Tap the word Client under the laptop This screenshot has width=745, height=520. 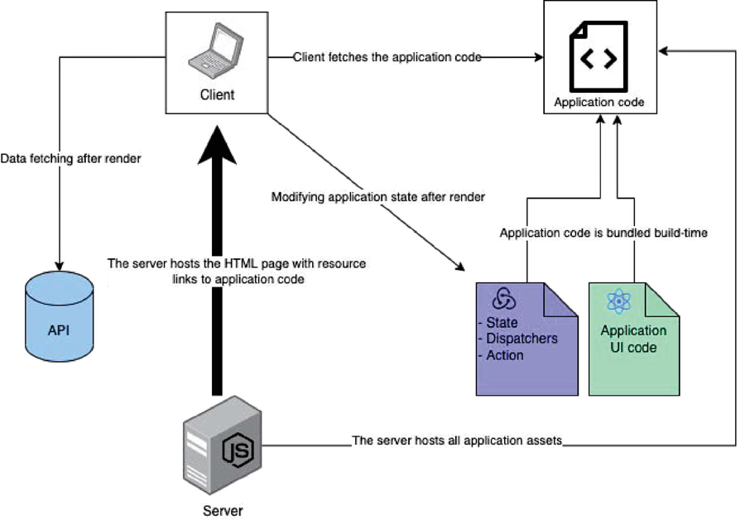tap(217, 94)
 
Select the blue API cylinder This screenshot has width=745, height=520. tap(59, 320)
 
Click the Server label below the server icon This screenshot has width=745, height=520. tap(223, 510)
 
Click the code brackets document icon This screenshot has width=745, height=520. tap(598, 58)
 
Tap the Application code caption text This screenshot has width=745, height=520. tap(598, 104)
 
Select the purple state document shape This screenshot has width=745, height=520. tap(526, 339)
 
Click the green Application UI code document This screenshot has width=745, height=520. tap(633, 339)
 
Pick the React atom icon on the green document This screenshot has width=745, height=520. tap(618, 302)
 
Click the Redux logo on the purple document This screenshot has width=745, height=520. tap(504, 299)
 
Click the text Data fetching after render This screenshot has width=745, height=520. tap(70, 158)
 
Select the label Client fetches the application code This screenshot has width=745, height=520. tap(387, 57)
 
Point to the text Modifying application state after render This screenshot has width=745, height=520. tap(377, 197)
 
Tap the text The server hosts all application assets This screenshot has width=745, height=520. tap(457, 441)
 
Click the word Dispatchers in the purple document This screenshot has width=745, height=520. tap(522, 338)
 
